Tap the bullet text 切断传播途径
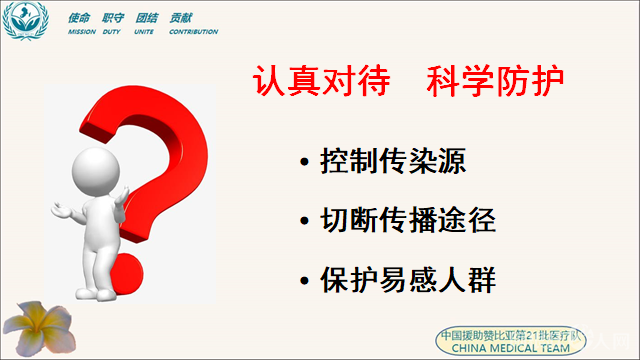click(409, 219)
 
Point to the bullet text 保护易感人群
click(409, 277)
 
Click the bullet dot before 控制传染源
click(304, 162)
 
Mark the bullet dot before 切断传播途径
click(304, 220)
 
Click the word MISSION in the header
click(83, 32)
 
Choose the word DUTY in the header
click(115, 32)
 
